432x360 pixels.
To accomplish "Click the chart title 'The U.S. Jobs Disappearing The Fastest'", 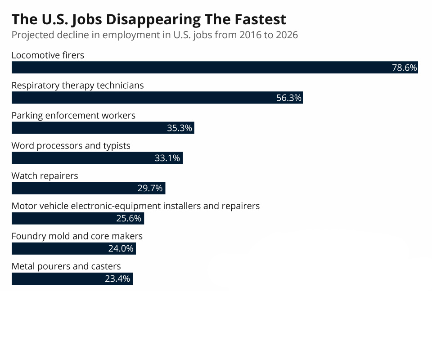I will pyautogui.click(x=148, y=19).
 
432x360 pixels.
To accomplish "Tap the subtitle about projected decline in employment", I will pyautogui.click(x=154, y=35).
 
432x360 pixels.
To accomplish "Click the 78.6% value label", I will pyautogui.click(x=404, y=68).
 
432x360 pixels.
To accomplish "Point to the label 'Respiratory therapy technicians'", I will pyautogui.click(x=77, y=85).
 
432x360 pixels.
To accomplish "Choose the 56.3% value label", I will pyautogui.click(x=288, y=98).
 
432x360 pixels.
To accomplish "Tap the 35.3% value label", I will pyautogui.click(x=180, y=128).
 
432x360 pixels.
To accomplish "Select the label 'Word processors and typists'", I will pyautogui.click(x=71, y=146).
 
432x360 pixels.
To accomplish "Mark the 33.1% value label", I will pyautogui.click(x=167, y=158).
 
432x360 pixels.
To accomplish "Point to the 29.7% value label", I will pyautogui.click(x=150, y=189).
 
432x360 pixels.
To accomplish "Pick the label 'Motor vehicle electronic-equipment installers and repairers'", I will pyautogui.click(x=135, y=206).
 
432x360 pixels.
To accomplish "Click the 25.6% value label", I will pyautogui.click(x=129, y=219).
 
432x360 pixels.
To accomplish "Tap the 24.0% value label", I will pyautogui.click(x=121, y=249).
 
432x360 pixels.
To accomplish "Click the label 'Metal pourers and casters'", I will pyautogui.click(x=66, y=266).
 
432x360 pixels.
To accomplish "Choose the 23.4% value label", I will pyautogui.click(x=117, y=279).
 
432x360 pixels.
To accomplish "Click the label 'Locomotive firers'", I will pyautogui.click(x=48, y=55).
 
